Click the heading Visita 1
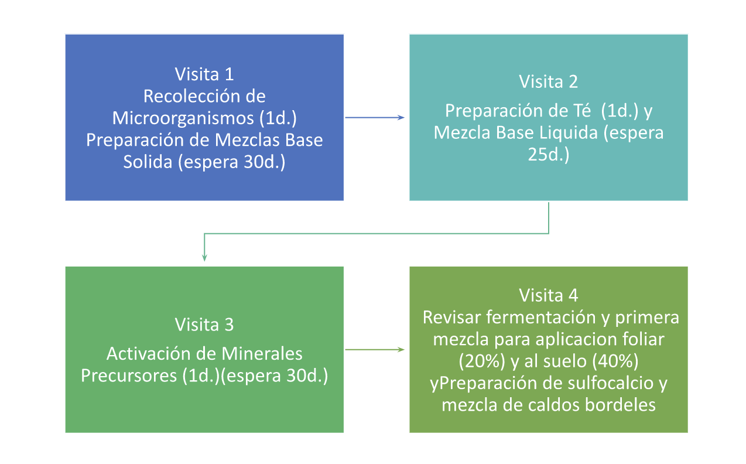point(204,74)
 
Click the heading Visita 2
point(548,81)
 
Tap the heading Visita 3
point(204,325)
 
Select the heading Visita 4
point(548,294)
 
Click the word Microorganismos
point(183,118)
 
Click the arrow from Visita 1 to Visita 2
point(375,118)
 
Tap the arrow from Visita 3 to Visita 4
point(375,350)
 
